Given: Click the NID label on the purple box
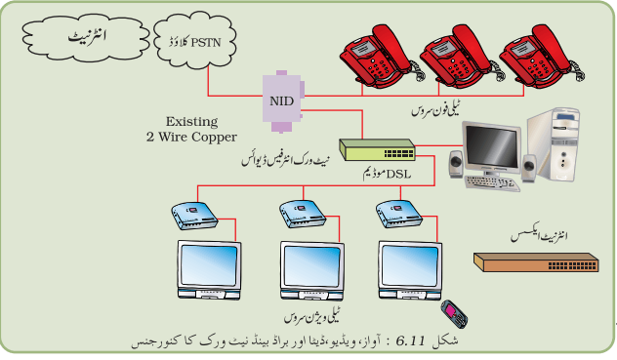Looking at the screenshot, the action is (282, 101).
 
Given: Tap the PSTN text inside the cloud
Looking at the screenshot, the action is (206, 43).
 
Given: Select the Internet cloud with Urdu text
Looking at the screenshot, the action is (86, 39).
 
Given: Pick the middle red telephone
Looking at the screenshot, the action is (461, 57).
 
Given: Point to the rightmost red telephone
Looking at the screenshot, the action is (541, 57).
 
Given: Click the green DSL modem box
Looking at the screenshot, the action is (378, 150).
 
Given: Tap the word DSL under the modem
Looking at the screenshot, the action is (398, 174).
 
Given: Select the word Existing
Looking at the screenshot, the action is (191, 122).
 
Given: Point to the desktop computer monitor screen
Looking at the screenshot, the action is (492, 147).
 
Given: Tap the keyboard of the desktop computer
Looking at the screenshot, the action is (491, 183).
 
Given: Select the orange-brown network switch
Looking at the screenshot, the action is (536, 262).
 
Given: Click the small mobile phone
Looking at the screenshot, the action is (455, 314).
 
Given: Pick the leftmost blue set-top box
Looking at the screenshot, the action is (194, 216).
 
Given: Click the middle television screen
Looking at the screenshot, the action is (311, 266).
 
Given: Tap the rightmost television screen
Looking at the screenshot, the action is (410, 265).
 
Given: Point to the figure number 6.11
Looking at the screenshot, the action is (410, 340).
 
